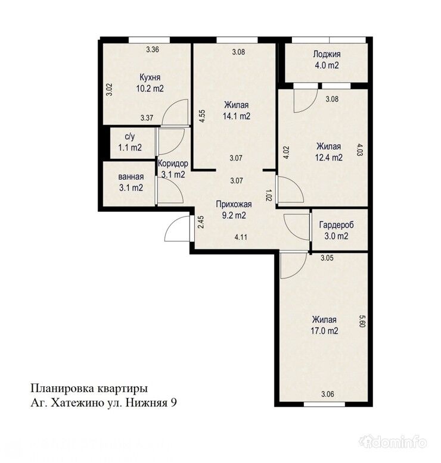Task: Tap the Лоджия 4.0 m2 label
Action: tap(326, 60)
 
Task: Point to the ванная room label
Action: tap(130, 182)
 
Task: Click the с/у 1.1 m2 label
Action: tap(129, 142)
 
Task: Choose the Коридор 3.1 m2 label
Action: tap(173, 169)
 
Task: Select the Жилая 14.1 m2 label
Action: tap(237, 111)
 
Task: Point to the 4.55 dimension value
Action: tap(203, 115)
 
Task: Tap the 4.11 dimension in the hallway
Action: tap(241, 237)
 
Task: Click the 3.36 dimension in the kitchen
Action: tap(153, 49)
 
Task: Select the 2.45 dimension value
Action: tap(201, 222)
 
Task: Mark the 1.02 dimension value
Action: tap(268, 195)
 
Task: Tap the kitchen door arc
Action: tap(175, 113)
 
